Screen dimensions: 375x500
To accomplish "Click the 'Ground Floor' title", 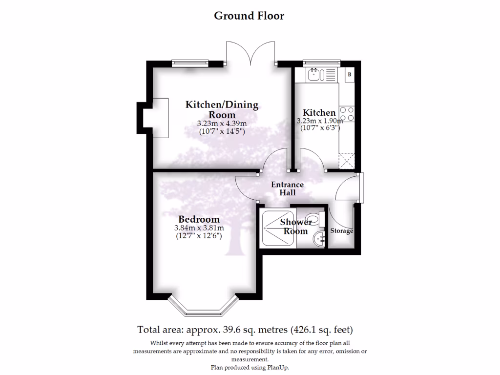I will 249,16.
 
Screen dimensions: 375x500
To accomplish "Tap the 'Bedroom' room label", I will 199,219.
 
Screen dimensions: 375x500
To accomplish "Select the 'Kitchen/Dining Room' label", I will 222,109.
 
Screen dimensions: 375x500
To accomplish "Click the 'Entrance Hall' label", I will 287,188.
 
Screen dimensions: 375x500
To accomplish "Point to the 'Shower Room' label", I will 296,227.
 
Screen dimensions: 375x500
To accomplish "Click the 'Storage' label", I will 341,231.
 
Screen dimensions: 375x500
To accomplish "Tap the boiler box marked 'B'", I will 350,75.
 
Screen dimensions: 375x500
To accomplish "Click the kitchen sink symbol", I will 313,75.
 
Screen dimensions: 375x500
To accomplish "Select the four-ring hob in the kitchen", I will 347,114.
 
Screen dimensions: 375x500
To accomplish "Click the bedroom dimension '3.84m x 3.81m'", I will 199,228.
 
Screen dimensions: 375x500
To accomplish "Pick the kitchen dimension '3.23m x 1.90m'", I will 320,121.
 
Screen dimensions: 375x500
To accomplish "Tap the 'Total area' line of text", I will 245,329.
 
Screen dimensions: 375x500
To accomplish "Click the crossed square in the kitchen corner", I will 347,160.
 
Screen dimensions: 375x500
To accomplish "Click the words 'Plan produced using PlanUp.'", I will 250,367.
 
